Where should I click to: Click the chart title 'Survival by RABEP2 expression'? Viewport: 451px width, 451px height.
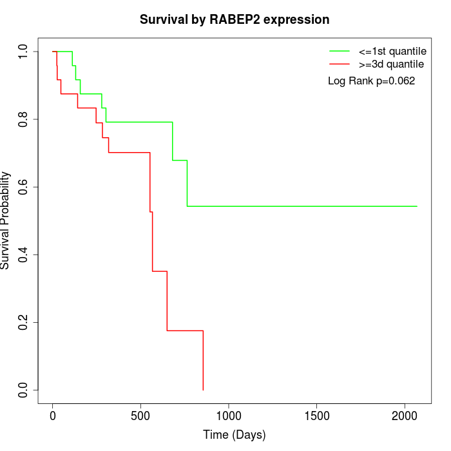(x=235, y=20)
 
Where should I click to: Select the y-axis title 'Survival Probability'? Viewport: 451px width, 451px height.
(x=6, y=220)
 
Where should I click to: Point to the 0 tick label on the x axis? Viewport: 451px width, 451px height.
(x=53, y=416)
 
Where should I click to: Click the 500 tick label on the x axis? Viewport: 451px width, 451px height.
(x=140, y=416)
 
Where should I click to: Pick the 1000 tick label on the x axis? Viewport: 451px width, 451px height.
(x=229, y=416)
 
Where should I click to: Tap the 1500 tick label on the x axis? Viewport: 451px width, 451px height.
(x=316, y=416)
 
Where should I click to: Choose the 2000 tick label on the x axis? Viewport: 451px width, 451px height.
(x=405, y=416)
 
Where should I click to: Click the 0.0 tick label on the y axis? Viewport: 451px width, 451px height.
(x=24, y=390)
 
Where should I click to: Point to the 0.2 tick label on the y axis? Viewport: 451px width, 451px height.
(x=24, y=322)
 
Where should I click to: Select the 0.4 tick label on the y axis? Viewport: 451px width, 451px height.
(x=24, y=254)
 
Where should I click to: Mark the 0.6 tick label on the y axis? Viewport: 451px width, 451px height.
(x=24, y=187)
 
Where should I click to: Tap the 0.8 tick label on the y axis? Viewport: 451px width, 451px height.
(x=24, y=119)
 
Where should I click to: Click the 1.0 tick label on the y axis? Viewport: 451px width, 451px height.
(x=24, y=52)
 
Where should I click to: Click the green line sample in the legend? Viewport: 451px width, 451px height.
(x=340, y=51)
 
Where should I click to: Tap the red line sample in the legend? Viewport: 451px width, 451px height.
(x=340, y=64)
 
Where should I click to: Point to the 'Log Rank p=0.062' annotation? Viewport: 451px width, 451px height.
(x=372, y=81)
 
